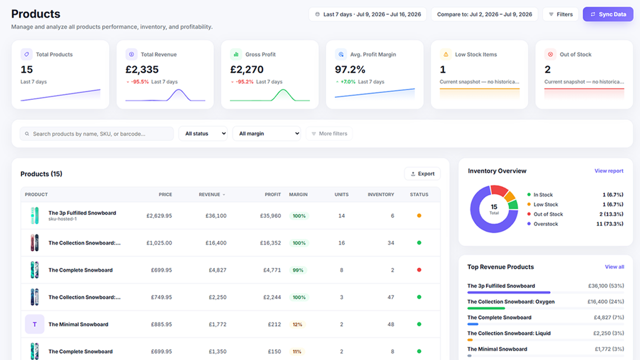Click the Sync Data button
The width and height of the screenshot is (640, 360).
point(608,14)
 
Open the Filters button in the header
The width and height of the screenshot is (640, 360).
point(560,14)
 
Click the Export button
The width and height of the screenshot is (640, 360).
point(422,174)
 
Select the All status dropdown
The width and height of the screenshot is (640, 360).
point(203,134)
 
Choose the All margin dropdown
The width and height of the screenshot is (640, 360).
point(266,134)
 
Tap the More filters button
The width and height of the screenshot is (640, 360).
point(329,134)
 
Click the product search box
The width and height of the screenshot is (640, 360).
point(96,134)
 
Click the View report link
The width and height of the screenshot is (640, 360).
point(609,171)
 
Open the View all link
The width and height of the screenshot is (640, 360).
point(614,267)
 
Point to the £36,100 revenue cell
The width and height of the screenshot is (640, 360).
point(216,216)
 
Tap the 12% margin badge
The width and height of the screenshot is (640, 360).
point(297,324)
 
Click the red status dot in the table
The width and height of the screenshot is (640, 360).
point(419,270)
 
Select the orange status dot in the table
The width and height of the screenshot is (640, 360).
point(419,216)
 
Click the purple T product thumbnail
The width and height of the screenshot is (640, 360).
point(34,324)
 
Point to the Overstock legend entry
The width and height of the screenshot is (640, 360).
point(542,224)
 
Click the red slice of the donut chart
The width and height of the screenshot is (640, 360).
point(499,190)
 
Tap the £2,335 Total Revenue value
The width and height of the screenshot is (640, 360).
point(142,70)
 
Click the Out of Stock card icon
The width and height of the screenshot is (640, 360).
point(550,54)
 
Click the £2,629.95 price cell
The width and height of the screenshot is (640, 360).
point(159,216)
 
